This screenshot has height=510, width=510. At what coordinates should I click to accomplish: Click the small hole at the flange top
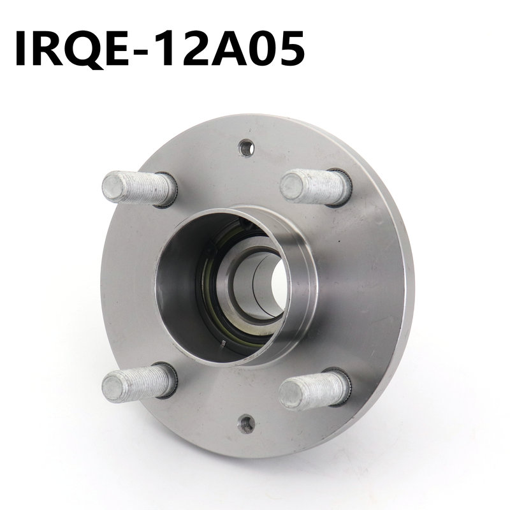pos(245,148)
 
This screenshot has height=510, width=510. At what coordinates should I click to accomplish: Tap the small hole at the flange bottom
pos(245,423)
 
